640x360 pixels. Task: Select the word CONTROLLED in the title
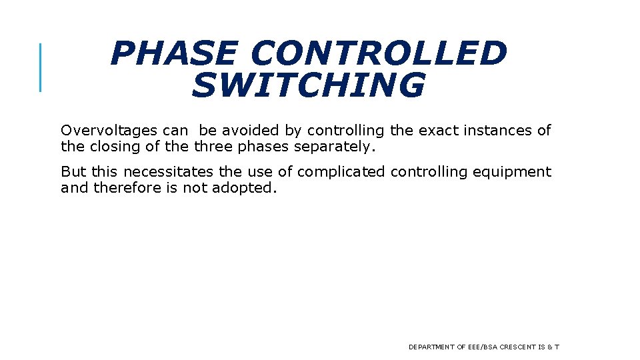(x=379, y=54)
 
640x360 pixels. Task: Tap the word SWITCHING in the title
(x=308, y=85)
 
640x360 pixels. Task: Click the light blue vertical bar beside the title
(x=41, y=67)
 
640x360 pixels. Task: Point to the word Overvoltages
(x=109, y=131)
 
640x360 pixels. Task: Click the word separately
(x=339, y=146)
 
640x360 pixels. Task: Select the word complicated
(x=341, y=172)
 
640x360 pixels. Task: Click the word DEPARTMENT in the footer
(x=431, y=347)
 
